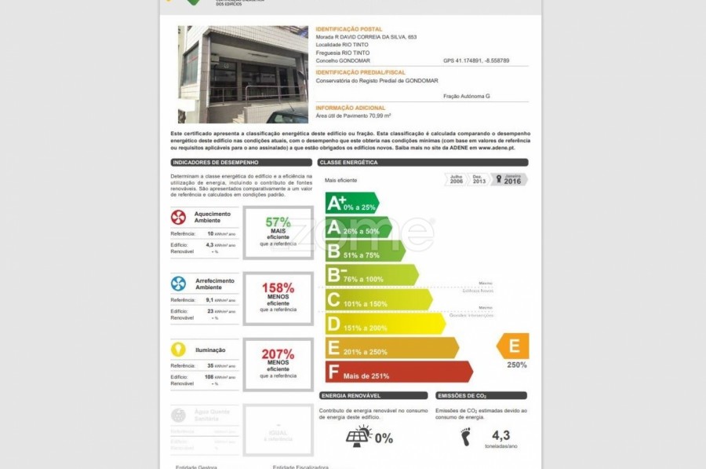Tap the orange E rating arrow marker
[513, 346]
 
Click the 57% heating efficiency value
[278, 222]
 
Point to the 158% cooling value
[278, 288]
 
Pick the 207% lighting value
[278, 354]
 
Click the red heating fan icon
[179, 218]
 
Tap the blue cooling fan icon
[179, 284]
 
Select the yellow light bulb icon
[179, 350]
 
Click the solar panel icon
[359, 436]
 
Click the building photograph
[243, 75]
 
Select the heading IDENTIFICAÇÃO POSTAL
[349, 29]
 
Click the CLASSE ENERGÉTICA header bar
[423, 163]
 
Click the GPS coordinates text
[476, 60]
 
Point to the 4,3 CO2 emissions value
[500, 434]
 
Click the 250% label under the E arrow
[517, 365]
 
